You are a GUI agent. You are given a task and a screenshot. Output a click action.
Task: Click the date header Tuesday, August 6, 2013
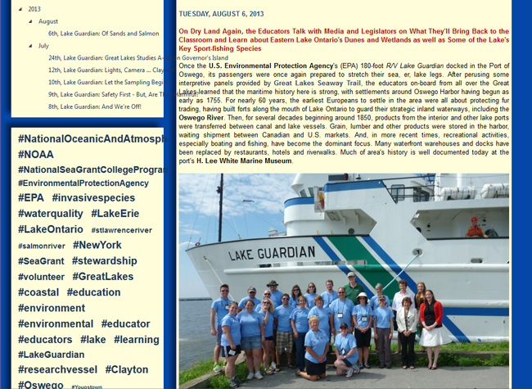coord(221,13)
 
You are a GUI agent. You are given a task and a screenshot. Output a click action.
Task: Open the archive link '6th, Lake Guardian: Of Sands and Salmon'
coord(103,34)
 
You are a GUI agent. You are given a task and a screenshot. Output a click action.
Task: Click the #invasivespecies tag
coord(93,198)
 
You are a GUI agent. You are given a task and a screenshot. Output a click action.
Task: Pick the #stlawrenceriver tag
coord(121,230)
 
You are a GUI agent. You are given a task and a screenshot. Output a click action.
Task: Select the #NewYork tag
coord(97,245)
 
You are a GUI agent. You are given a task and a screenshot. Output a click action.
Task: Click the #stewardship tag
coord(104,261)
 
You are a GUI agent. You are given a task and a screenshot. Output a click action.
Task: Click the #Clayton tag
coord(127,370)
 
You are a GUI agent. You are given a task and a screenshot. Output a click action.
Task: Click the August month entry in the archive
coord(48,21)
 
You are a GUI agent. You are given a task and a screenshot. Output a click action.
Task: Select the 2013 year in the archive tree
coord(34,9)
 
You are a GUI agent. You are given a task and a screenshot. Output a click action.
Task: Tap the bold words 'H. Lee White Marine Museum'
coord(244,161)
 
